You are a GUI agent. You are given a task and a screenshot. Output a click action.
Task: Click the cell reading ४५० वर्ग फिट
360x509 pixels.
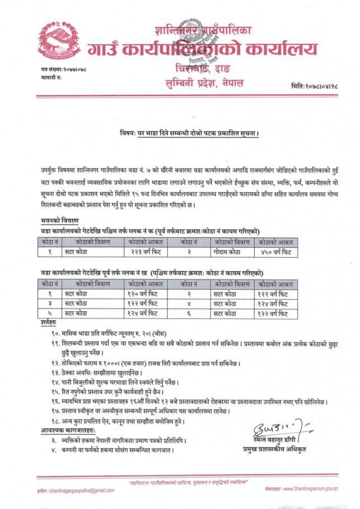click(x=275, y=252)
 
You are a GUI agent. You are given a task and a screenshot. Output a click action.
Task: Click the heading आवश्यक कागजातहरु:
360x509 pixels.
click(x=67, y=430)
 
